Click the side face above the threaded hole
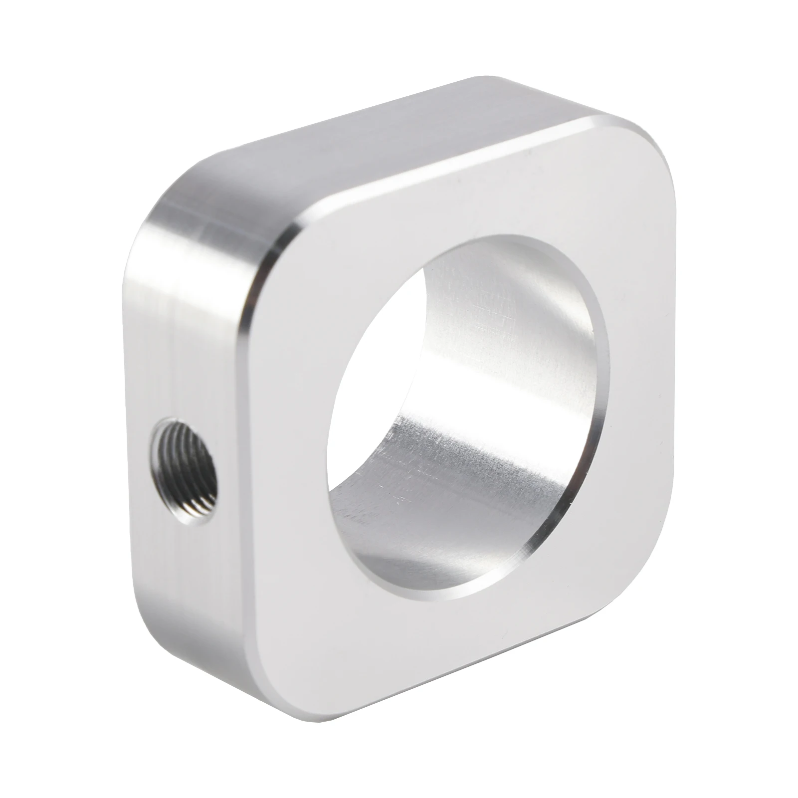(190, 324)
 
